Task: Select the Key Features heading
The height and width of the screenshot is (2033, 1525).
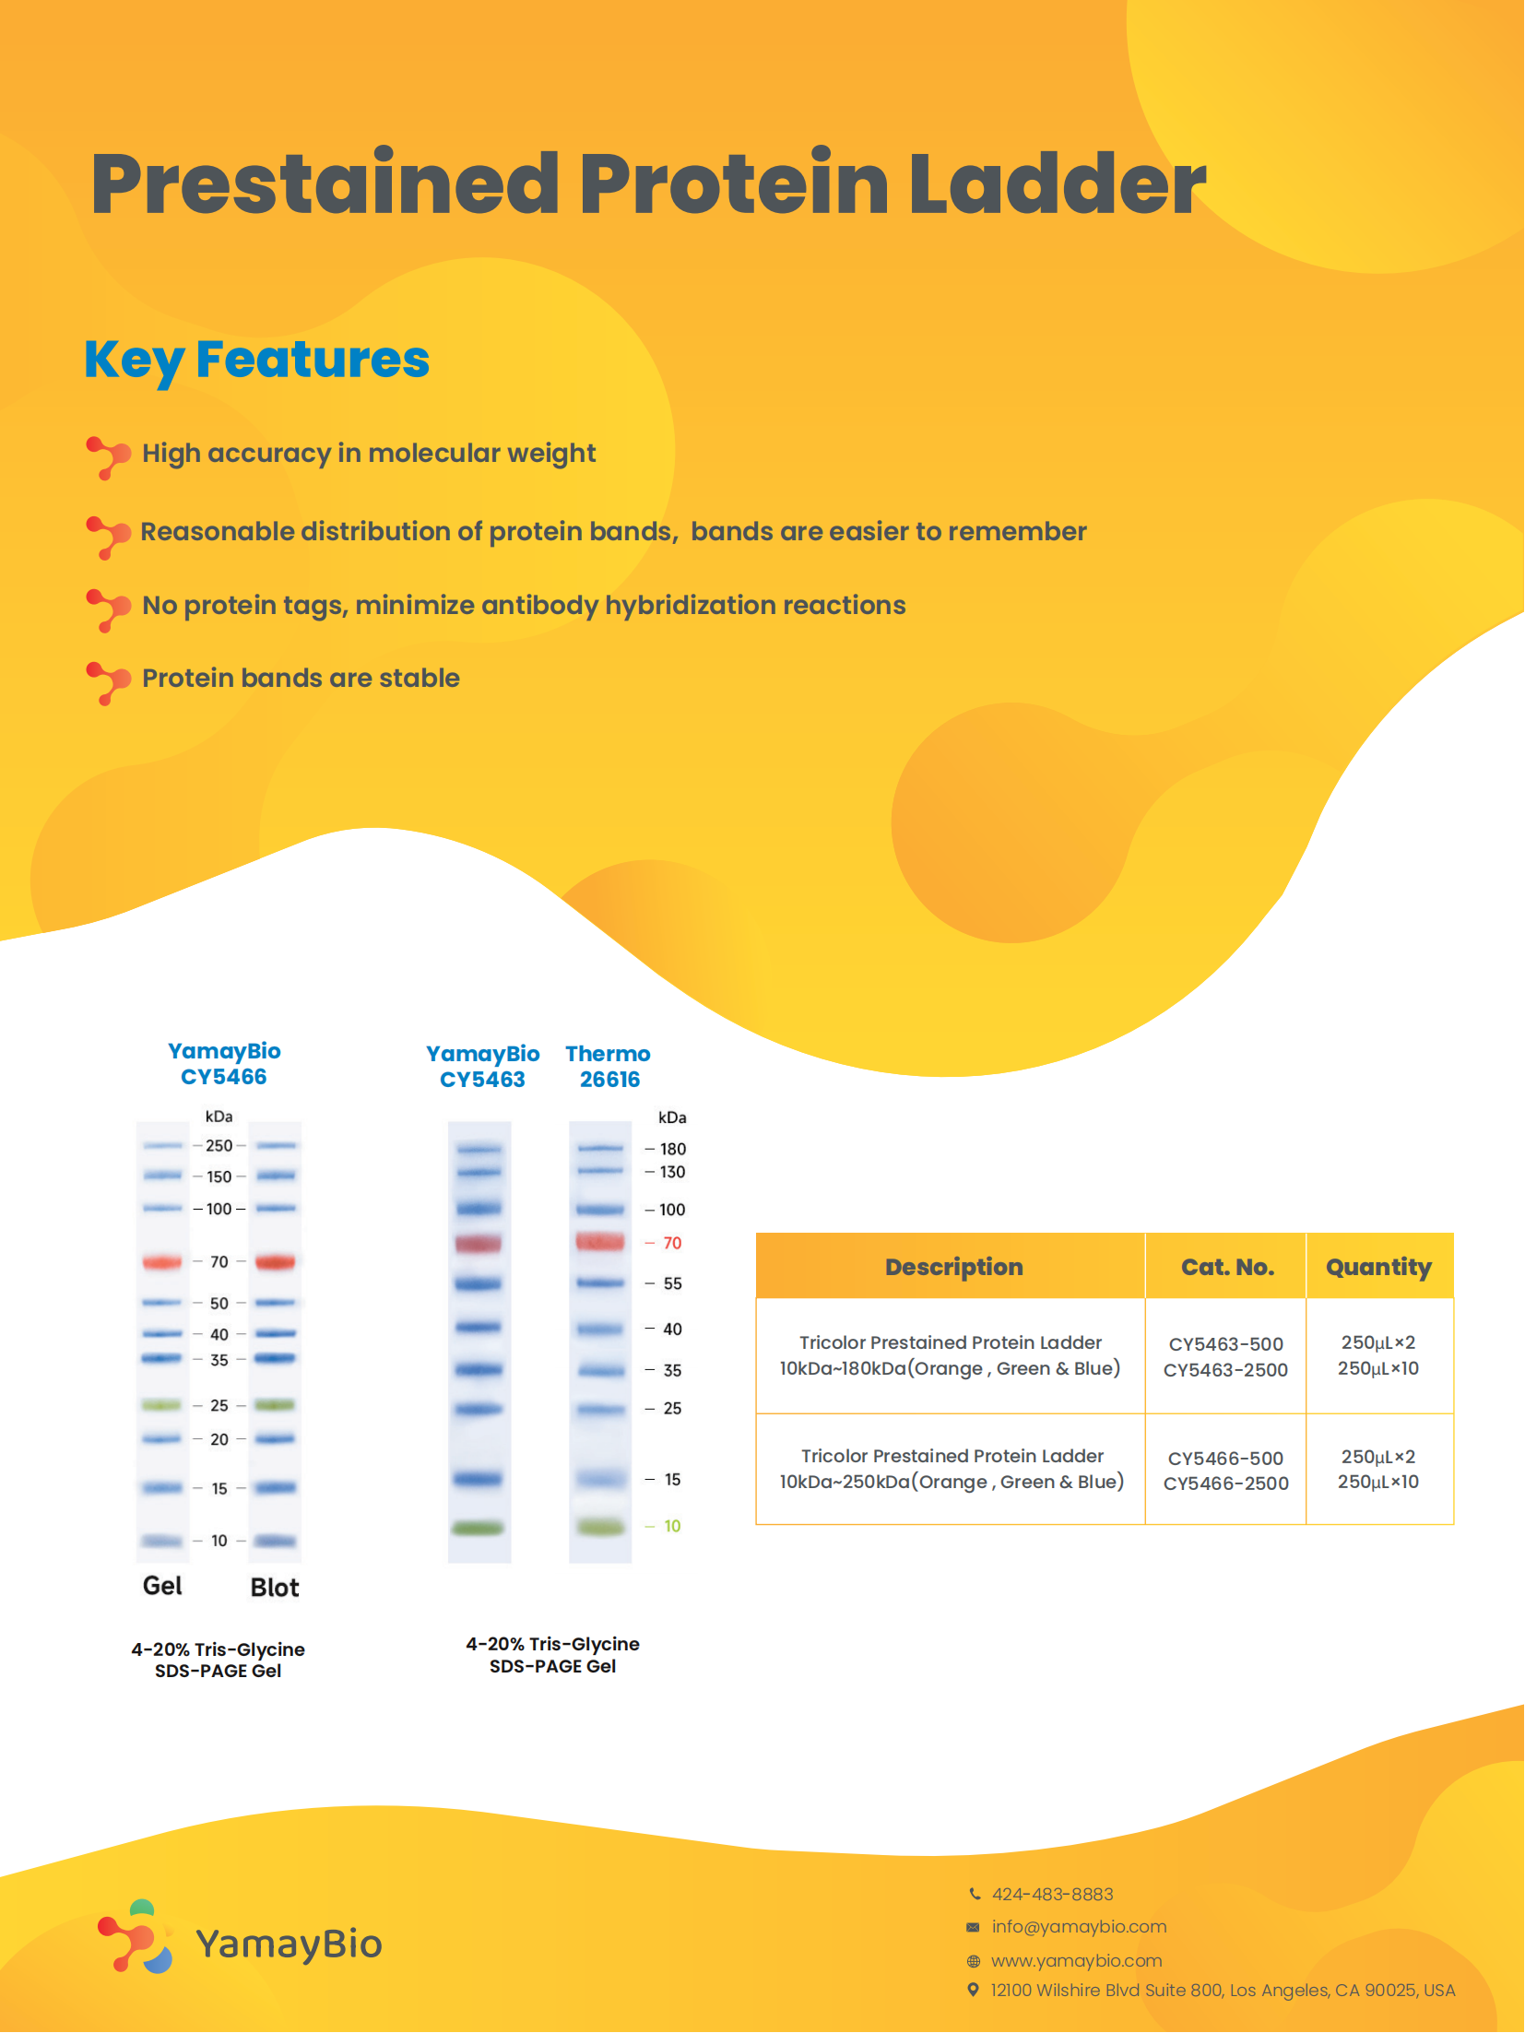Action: pos(256,361)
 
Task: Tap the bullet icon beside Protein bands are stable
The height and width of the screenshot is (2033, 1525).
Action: pos(108,682)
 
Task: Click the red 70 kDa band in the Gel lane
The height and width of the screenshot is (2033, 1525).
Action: pos(162,1261)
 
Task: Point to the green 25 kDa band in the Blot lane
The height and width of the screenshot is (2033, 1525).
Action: pos(275,1405)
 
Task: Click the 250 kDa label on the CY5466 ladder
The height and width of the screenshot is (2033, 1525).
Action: pos(219,1146)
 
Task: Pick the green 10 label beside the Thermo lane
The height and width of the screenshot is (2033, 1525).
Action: pos(672,1527)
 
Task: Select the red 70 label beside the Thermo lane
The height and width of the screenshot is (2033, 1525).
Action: pos(672,1244)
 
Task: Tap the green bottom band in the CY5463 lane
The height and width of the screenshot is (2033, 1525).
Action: pos(479,1528)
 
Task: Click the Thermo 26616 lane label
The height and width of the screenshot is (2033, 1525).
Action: pos(609,1067)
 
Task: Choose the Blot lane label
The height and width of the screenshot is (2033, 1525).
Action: pos(275,1588)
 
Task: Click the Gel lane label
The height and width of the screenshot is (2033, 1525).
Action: pos(162,1586)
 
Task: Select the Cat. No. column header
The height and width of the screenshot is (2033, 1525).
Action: pos(1227,1267)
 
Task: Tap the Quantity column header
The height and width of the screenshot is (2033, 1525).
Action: pos(1378,1268)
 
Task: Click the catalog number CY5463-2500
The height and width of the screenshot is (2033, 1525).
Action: pos(1225,1370)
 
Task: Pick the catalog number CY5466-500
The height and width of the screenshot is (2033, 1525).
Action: pos(1225,1459)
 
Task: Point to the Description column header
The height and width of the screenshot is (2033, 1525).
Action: pos(954,1268)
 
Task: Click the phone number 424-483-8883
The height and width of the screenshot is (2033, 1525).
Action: pos(1052,1895)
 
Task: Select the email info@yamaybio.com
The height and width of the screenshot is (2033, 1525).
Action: pos(1079,1927)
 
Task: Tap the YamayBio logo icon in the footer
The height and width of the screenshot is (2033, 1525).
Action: pos(136,1936)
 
